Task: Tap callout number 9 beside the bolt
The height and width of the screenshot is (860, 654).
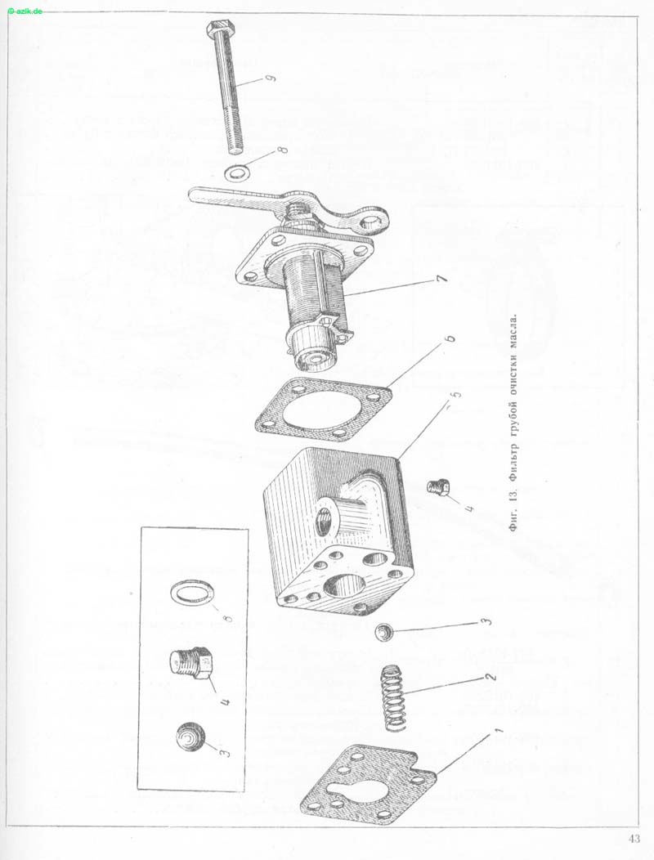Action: coord(269,78)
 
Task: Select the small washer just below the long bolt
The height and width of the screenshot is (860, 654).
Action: coord(236,173)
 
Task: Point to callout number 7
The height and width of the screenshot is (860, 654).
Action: coord(441,278)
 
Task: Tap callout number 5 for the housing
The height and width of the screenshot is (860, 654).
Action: coord(455,394)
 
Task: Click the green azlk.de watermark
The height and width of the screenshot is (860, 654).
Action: coord(26,11)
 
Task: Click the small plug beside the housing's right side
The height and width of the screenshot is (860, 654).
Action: coord(439,486)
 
